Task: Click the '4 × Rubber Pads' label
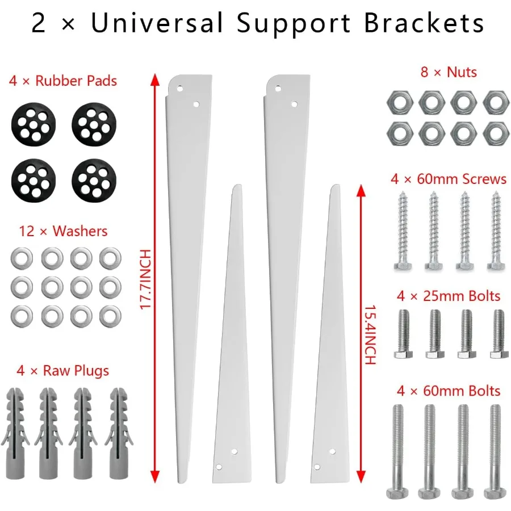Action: (62, 81)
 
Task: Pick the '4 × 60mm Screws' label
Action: (448, 179)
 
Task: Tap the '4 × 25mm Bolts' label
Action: (448, 296)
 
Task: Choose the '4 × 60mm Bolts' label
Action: (448, 391)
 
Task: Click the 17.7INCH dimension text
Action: (145, 279)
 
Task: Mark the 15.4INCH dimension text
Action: (370, 336)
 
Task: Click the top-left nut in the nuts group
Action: (396, 103)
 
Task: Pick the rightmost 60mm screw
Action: (496, 229)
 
